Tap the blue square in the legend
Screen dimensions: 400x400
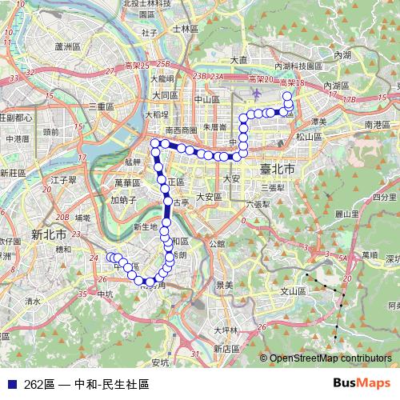point(10,384)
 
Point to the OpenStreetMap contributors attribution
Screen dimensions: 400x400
point(328,358)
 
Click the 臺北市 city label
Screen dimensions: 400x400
point(278,170)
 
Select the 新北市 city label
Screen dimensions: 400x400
point(49,234)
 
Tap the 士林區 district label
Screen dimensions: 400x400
point(184,28)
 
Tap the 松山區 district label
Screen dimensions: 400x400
point(307,137)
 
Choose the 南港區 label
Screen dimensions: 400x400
point(377,126)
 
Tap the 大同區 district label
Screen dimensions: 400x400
point(162,95)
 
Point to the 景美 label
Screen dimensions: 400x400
point(225,285)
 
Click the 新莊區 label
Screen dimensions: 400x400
point(14,173)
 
